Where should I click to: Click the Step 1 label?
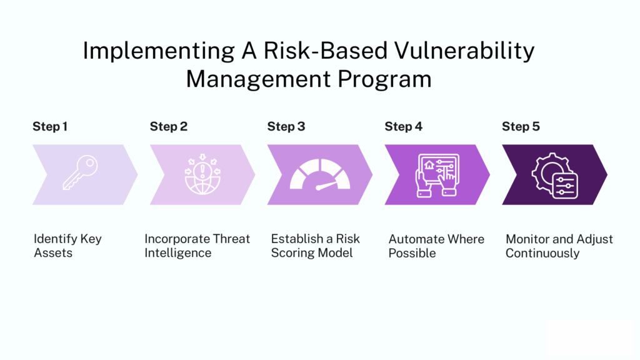[x=50, y=127]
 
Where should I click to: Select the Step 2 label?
[x=168, y=127]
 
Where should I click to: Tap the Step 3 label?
[x=286, y=127]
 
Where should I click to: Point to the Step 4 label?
[x=403, y=127]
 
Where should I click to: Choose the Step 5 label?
[x=521, y=127]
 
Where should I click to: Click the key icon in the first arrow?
[x=79, y=174]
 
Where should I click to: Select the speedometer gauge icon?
[x=319, y=176]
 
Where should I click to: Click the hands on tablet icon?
[x=437, y=174]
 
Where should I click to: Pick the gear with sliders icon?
[x=554, y=175]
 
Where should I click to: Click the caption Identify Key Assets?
[x=67, y=246]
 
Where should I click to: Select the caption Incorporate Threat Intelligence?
[x=197, y=246]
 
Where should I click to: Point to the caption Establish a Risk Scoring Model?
[x=316, y=246]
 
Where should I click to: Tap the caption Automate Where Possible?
[x=436, y=246]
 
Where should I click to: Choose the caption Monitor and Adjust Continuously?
[x=559, y=246]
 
